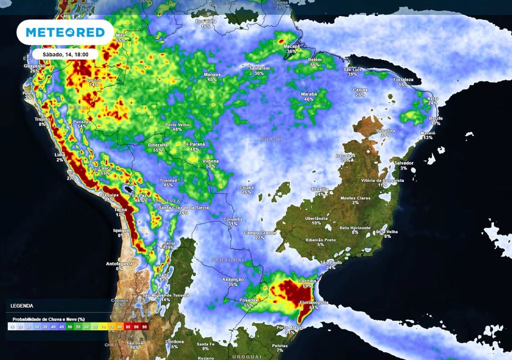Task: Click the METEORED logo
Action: (65, 33)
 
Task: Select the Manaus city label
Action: (212, 74)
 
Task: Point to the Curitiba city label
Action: (308, 281)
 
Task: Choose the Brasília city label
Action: (320, 189)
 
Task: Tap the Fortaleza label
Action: (403, 79)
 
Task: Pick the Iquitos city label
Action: (93, 80)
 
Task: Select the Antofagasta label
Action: (119, 263)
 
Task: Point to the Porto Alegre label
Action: (290, 327)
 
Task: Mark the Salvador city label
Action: (403, 163)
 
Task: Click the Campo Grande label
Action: (259, 232)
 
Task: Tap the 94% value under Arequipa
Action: (109, 199)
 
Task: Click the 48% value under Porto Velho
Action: (177, 129)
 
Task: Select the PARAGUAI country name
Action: (227, 260)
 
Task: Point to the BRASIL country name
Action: (271, 138)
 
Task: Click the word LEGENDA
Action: (22, 305)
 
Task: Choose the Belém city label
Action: (314, 59)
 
